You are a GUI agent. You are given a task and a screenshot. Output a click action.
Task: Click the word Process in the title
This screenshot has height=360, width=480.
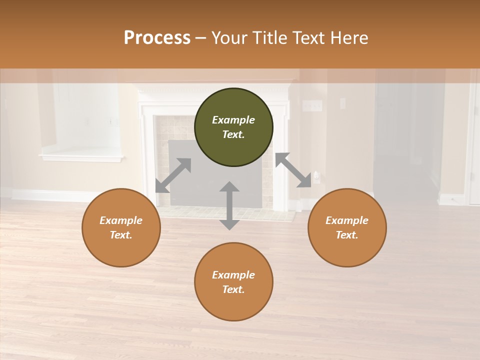pyautogui.click(x=157, y=38)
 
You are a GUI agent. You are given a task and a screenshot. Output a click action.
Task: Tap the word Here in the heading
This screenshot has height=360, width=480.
pyautogui.click(x=349, y=38)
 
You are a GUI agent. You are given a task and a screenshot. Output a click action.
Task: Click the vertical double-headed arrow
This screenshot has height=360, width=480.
pyautogui.click(x=229, y=205)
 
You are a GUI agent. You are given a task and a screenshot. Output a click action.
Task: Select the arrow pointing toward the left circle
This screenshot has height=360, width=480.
pyautogui.click(x=173, y=175)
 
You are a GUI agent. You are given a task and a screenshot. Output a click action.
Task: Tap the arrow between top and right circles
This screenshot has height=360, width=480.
pyautogui.click(x=293, y=170)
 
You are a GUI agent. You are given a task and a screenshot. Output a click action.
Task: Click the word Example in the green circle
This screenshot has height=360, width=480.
pyautogui.click(x=233, y=120)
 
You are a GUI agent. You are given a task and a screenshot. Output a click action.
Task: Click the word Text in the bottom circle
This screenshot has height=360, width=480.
pyautogui.click(x=233, y=289)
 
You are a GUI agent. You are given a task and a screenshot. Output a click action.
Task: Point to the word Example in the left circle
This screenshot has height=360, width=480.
pyautogui.click(x=121, y=220)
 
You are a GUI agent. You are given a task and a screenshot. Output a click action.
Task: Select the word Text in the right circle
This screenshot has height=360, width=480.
pyautogui.click(x=347, y=235)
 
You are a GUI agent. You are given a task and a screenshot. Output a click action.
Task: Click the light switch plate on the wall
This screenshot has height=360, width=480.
pyautogui.click(x=312, y=105)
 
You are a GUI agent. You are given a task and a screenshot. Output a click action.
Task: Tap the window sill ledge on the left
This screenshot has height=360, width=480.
pyautogui.click(x=81, y=158)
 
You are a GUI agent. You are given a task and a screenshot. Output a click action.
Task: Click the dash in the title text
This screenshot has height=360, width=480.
pyautogui.click(x=200, y=38)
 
